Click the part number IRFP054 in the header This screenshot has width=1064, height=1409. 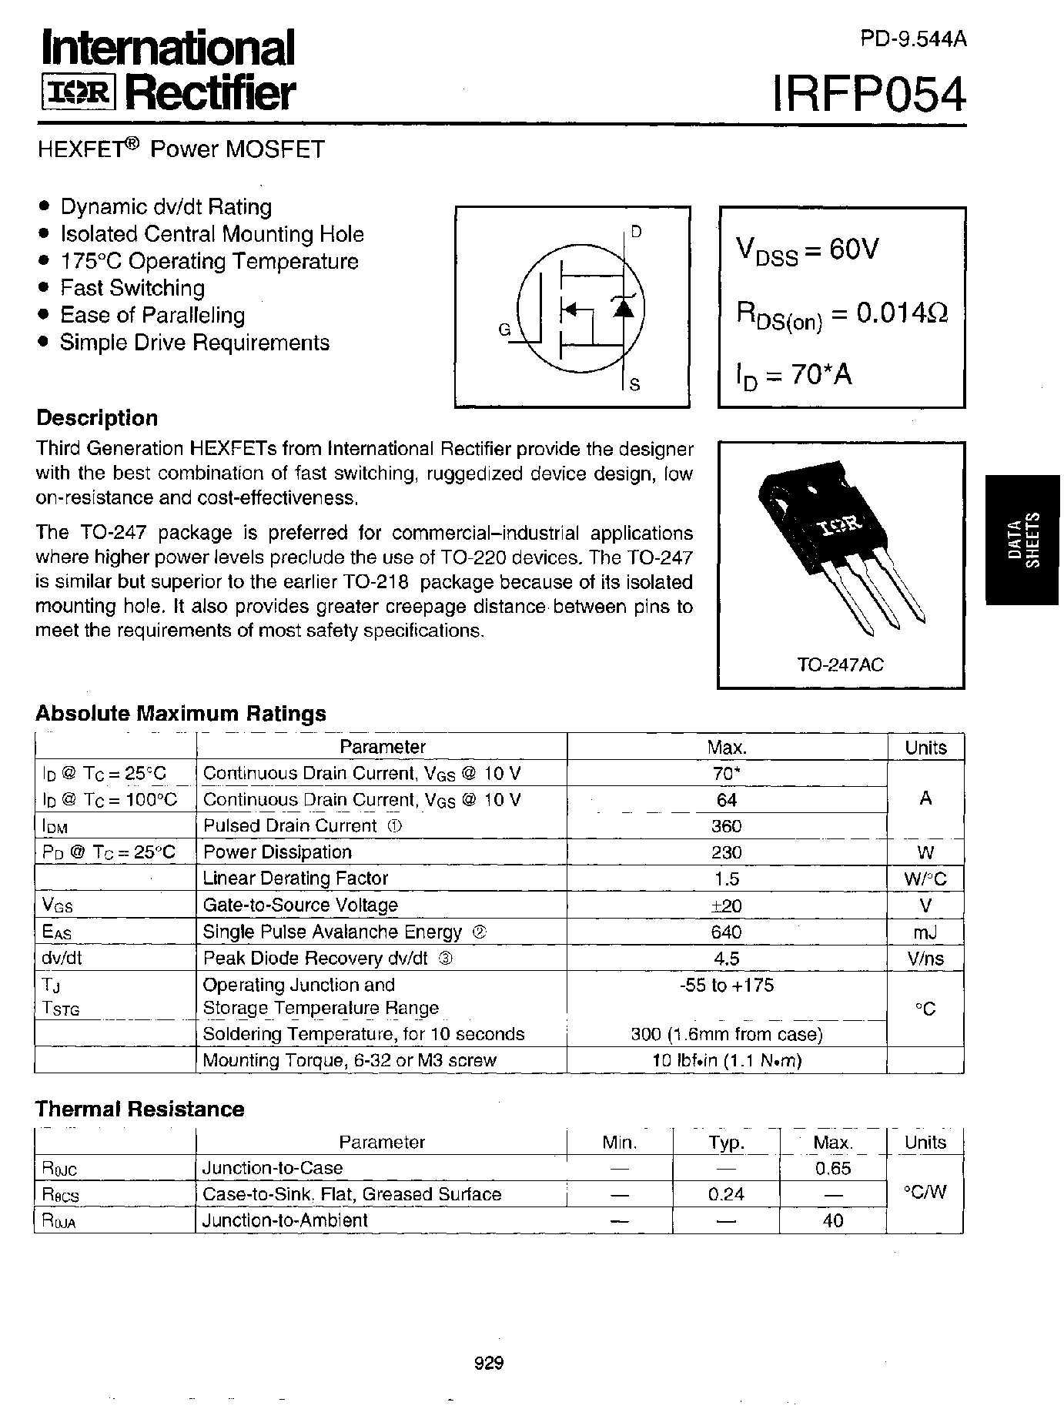click(x=869, y=96)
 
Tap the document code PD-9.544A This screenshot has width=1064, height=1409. click(x=912, y=40)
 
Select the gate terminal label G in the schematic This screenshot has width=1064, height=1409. click(x=504, y=330)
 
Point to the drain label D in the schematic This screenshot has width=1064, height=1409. click(x=636, y=232)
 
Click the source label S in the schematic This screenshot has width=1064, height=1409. click(x=634, y=385)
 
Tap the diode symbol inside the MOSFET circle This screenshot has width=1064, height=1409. click(x=622, y=308)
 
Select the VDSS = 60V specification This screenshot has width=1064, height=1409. click(x=808, y=251)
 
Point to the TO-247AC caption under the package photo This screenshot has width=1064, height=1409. click(x=841, y=664)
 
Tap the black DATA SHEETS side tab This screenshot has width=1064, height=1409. click(x=1023, y=539)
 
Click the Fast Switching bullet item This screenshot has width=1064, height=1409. click(x=132, y=288)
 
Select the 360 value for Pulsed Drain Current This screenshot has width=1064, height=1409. click(x=727, y=826)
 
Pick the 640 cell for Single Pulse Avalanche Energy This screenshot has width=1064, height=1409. click(x=727, y=932)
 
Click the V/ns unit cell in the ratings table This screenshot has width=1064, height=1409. click(x=925, y=959)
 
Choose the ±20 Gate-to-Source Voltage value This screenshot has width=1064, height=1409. click(x=727, y=905)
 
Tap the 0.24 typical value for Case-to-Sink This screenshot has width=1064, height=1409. click(x=726, y=1194)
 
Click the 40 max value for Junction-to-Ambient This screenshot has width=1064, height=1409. click(x=833, y=1220)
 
